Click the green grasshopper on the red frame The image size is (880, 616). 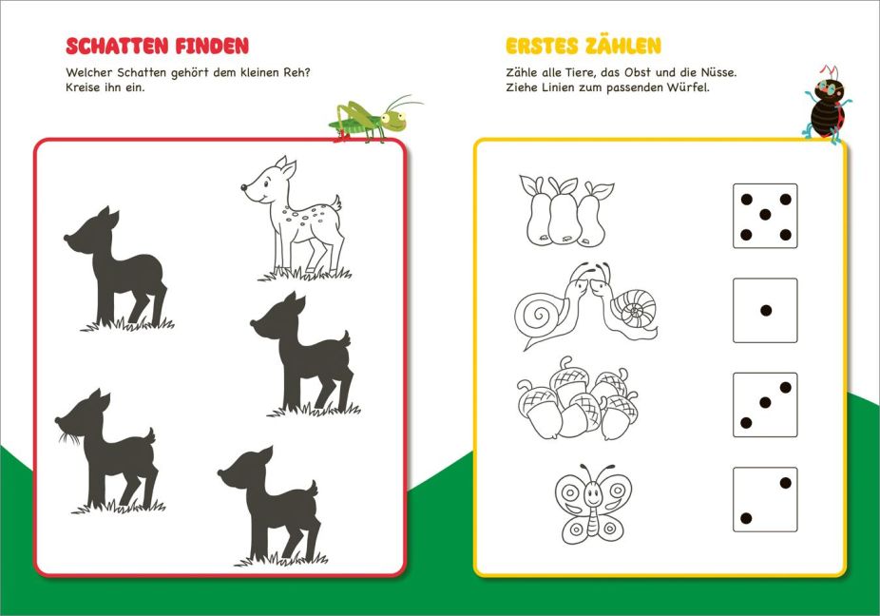point(373,119)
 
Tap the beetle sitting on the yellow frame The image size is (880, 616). point(826,105)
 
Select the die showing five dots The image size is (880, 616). point(765,216)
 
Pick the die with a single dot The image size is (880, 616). point(765,310)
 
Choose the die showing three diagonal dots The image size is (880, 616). point(765,404)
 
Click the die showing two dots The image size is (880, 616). point(765,499)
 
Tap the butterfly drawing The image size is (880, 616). point(593,503)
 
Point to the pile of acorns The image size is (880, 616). point(578,398)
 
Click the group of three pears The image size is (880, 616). point(565,211)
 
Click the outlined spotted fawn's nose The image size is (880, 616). point(244,187)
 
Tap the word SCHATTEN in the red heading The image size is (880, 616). point(118,46)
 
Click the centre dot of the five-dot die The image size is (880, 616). point(765,215)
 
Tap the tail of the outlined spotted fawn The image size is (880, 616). point(335,202)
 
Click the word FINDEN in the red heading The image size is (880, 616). point(212,46)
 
